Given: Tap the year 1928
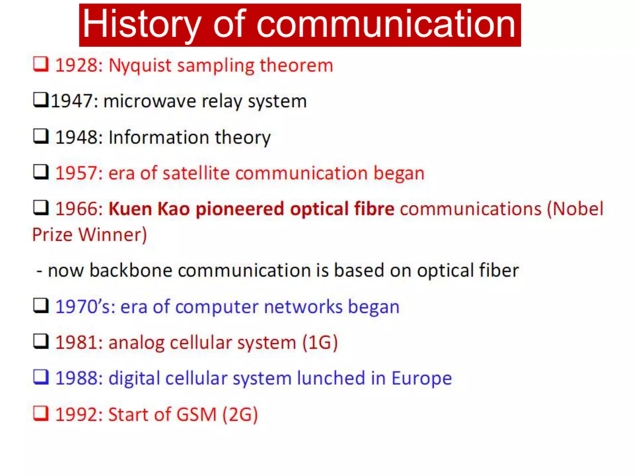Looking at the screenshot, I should [x=79, y=65].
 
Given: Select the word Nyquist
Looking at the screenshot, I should [x=140, y=66].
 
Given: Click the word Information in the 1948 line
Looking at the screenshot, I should [x=159, y=137].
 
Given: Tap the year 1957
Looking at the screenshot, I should [x=79, y=173].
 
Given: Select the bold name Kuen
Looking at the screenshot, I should [x=130, y=209].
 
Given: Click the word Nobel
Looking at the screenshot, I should [x=578, y=209].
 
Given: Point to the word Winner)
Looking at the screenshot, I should [x=113, y=235].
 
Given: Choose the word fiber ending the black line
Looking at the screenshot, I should [x=499, y=271].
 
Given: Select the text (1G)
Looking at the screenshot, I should [x=320, y=343].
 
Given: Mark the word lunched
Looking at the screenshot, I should [x=331, y=378].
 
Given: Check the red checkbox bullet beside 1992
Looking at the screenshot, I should [x=41, y=413].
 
